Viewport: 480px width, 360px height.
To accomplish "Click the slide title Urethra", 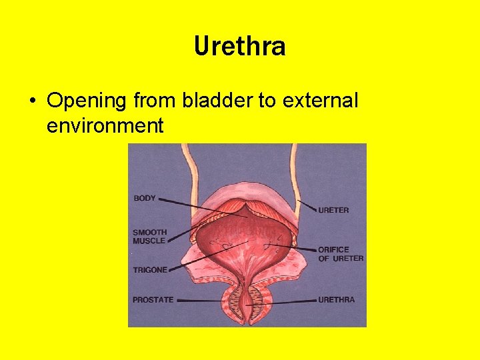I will (x=240, y=47).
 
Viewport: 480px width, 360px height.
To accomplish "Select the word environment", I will (x=105, y=125).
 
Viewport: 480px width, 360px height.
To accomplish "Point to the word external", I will (x=320, y=101).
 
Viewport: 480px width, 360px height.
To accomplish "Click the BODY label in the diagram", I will (x=145, y=198).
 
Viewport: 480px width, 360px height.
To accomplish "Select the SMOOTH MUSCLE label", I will (x=149, y=237).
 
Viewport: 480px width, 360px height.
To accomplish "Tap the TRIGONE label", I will (x=150, y=270).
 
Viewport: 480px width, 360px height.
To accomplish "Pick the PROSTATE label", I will (x=153, y=300).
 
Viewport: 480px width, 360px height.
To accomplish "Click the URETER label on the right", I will (x=333, y=210).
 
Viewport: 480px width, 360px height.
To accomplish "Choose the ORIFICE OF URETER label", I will (x=341, y=254).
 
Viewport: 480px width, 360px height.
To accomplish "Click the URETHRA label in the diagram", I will (x=337, y=300).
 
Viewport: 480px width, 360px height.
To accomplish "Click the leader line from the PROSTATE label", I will (x=200, y=300).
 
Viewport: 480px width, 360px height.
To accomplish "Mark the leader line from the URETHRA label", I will (x=287, y=302).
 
